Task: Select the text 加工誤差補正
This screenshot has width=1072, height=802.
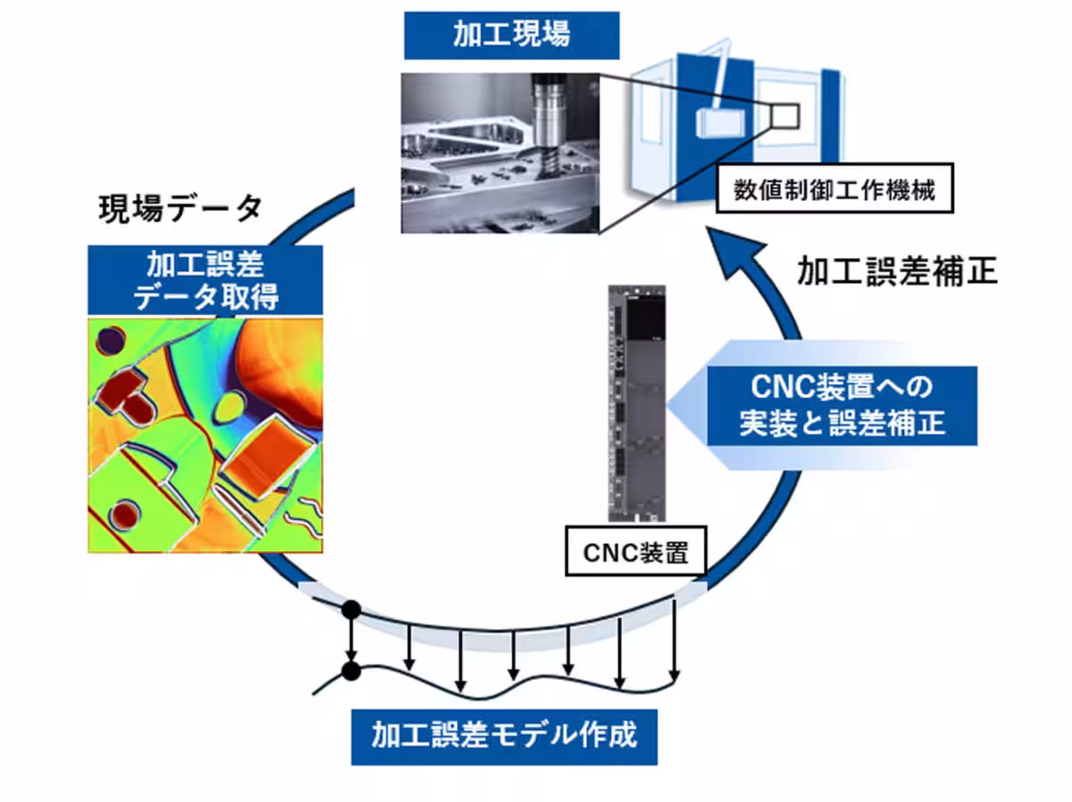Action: (x=896, y=271)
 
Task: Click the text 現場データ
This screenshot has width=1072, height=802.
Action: (x=180, y=209)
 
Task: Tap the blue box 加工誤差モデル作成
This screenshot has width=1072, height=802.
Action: (x=504, y=737)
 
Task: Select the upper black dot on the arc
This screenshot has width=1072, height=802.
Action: (x=351, y=610)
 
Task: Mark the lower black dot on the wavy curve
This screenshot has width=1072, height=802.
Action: (x=351, y=670)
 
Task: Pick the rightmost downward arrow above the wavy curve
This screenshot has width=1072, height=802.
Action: (x=674, y=639)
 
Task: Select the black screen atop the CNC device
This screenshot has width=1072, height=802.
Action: (x=648, y=316)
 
